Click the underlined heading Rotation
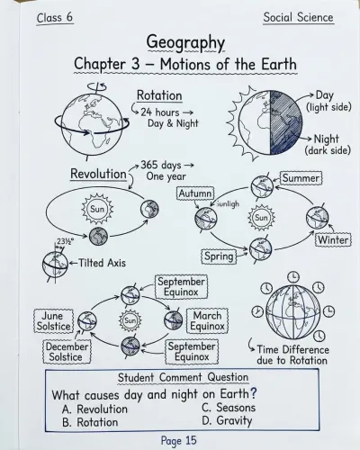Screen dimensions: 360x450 click(x=159, y=95)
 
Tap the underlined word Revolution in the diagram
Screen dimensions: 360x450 click(x=98, y=174)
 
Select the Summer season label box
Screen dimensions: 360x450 click(x=301, y=178)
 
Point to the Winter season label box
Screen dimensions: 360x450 click(x=333, y=239)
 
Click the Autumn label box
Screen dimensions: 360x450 click(x=195, y=193)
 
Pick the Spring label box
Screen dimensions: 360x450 click(x=219, y=256)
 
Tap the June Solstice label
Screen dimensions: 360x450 click(x=53, y=321)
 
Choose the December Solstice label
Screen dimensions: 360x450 click(x=67, y=352)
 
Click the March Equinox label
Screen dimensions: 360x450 click(x=207, y=321)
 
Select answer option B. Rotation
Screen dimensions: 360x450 click(x=90, y=422)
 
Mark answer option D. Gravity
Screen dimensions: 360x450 click(x=227, y=420)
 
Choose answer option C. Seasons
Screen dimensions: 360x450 click(x=229, y=408)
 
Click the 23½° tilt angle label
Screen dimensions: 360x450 click(x=63, y=241)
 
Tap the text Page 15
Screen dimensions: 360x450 click(x=179, y=440)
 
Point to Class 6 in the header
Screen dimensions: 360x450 click(x=55, y=17)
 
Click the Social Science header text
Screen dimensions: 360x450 click(x=298, y=17)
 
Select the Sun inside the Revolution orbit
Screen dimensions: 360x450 click(x=97, y=209)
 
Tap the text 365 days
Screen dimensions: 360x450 click(x=161, y=165)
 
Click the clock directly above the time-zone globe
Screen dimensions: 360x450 click(x=293, y=276)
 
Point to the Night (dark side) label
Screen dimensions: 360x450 click(x=328, y=144)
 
